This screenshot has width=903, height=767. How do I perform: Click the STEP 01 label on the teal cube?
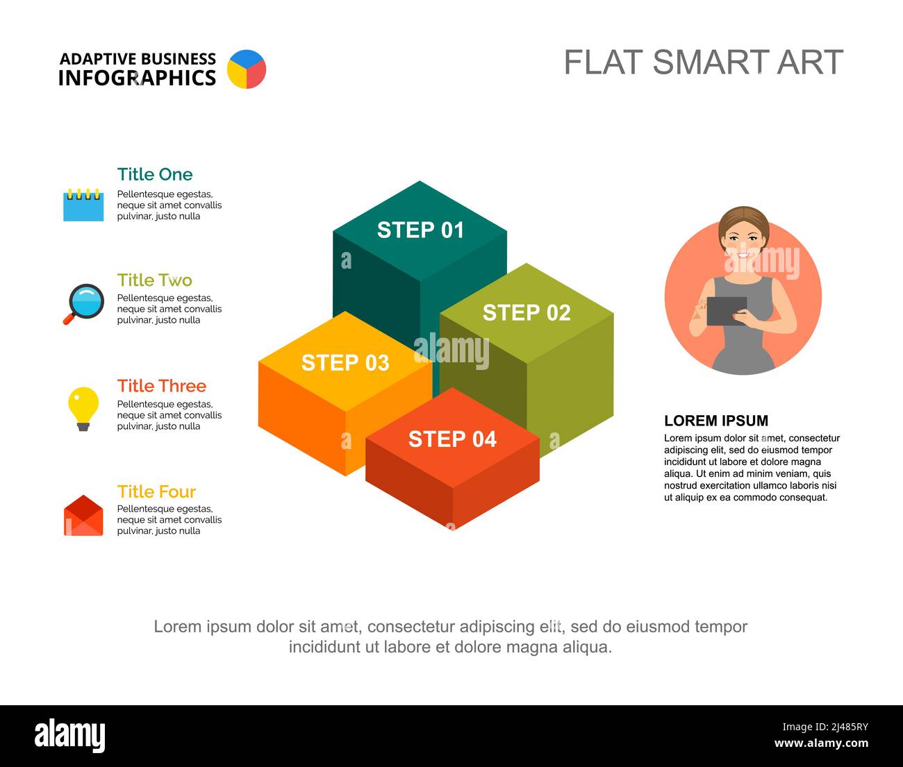[x=420, y=230]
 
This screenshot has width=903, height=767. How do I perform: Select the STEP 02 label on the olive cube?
[x=527, y=312]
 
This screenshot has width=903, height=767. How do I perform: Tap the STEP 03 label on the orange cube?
[x=345, y=362]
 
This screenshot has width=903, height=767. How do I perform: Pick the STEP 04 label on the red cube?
[x=452, y=439]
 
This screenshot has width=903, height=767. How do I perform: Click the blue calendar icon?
[x=83, y=205]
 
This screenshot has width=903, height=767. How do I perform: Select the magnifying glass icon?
[x=85, y=303]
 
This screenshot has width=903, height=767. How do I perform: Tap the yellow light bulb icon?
[x=83, y=408]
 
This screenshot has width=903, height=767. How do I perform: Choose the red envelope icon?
[x=83, y=516]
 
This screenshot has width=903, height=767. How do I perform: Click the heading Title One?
[x=155, y=174]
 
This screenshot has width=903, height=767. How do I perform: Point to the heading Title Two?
[x=155, y=280]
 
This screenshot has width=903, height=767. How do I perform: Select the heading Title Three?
[x=162, y=386]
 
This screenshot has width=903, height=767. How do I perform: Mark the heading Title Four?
[x=157, y=491]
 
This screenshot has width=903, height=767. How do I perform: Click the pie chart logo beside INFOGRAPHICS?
[x=247, y=69]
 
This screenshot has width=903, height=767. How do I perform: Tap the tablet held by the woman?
[x=727, y=311]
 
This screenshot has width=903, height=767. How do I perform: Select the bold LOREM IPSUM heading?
[x=716, y=421]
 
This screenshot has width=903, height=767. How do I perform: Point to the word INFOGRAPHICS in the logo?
[x=137, y=78]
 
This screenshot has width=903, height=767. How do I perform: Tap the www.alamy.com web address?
[x=821, y=743]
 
